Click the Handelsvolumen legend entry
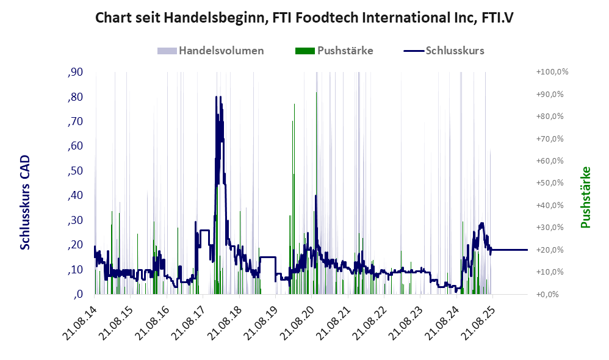click(x=211, y=51)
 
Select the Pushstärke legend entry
click(x=334, y=51)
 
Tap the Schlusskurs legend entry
click(x=444, y=51)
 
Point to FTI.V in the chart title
click(x=497, y=18)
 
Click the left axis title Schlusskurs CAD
click(x=25, y=203)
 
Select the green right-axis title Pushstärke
click(x=586, y=198)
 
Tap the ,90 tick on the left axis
click(x=75, y=72)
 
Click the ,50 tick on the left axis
click(x=75, y=171)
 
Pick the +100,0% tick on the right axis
click(x=552, y=72)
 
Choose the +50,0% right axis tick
click(x=550, y=183)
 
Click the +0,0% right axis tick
click(x=548, y=294)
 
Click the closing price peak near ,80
click(x=217, y=97)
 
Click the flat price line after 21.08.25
click(x=510, y=250)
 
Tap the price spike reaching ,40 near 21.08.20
click(x=315, y=196)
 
